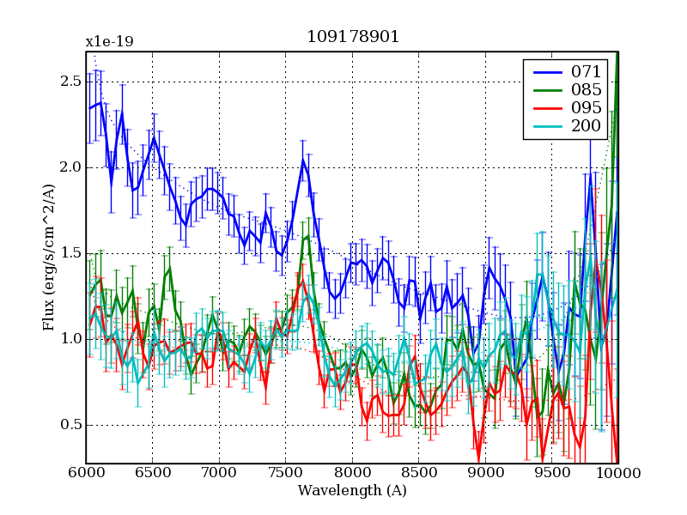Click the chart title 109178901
tap(353, 38)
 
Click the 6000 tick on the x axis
tap(86, 474)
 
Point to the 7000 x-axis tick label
tap(219, 474)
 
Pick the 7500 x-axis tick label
tap(286, 474)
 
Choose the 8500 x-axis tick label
tap(419, 474)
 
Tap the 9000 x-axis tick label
tap(485, 474)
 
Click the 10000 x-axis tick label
tap(617, 474)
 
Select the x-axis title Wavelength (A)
tap(352, 491)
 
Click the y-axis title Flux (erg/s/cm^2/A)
tap(49, 257)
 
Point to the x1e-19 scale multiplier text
tap(109, 41)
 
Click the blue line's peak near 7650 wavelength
tap(303, 160)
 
